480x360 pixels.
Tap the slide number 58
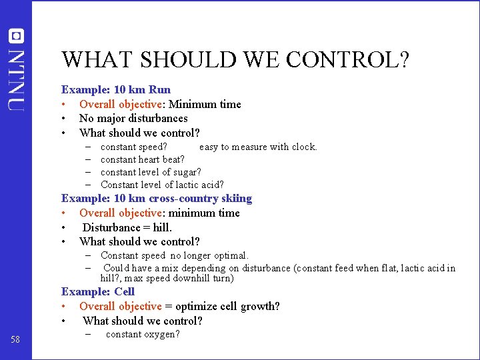(15, 340)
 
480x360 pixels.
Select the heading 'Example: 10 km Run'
(116, 89)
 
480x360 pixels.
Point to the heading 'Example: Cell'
(98, 291)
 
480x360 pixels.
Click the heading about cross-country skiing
(157, 198)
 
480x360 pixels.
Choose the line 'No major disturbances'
(133, 118)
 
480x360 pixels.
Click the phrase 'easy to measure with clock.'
(258, 147)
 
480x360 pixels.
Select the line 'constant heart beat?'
(143, 159)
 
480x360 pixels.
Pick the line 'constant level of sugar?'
(151, 172)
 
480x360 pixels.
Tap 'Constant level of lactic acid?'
(162, 185)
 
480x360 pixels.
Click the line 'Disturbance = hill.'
(127, 227)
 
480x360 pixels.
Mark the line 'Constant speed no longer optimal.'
(175, 255)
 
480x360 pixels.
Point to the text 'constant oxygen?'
(143, 334)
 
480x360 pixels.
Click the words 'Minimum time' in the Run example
(205, 104)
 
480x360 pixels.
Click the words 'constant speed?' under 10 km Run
(134, 147)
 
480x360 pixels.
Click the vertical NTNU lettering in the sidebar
(16, 79)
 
